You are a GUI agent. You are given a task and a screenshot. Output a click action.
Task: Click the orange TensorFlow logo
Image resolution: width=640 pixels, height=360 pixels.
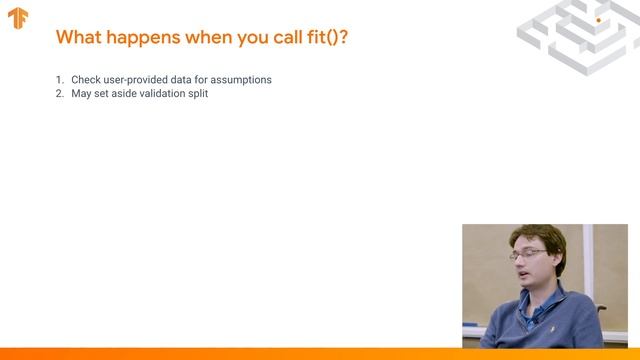pyautogui.click(x=18, y=18)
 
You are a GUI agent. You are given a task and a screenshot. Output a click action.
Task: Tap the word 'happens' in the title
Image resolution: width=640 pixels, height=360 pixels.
pyautogui.click(x=143, y=38)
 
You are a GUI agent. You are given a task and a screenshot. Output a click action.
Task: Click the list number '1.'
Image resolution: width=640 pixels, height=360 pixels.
pyautogui.click(x=59, y=79)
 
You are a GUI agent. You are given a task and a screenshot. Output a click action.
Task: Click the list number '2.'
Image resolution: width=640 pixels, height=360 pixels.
pyautogui.click(x=59, y=93)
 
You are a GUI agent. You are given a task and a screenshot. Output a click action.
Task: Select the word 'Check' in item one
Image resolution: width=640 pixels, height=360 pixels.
pyautogui.click(x=86, y=79)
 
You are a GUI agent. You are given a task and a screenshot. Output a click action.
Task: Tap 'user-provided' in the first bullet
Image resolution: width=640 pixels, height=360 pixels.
pyautogui.click(x=138, y=79)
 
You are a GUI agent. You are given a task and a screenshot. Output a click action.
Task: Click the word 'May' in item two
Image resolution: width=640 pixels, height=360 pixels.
pyautogui.click(x=81, y=93)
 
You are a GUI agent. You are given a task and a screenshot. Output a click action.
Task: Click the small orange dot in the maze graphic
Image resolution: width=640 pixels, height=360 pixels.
pyautogui.click(x=598, y=19)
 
